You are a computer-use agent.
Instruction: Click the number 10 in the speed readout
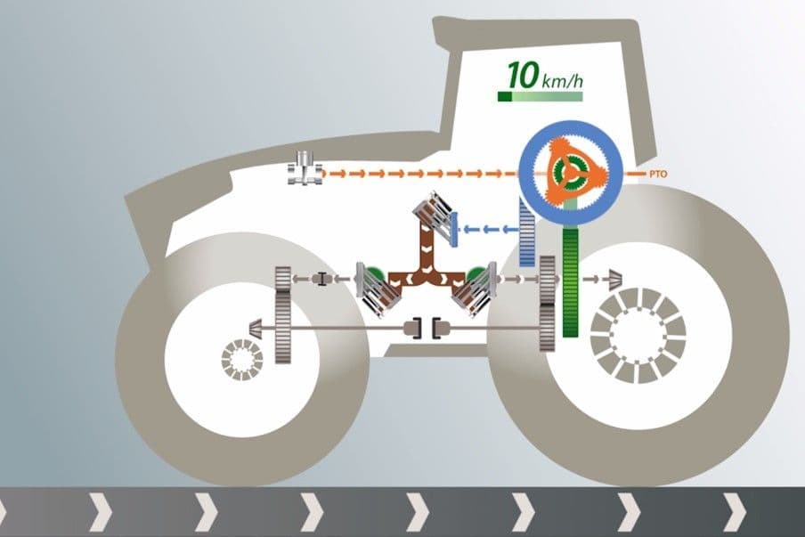point(523,75)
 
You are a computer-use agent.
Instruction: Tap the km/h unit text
point(562,80)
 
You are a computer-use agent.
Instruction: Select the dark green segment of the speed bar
point(504,96)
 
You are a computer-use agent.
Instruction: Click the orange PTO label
point(658,174)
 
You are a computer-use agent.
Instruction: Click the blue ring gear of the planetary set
point(571,129)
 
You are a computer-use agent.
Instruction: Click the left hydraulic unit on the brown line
point(378,289)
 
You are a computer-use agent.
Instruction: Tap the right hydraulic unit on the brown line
point(475,289)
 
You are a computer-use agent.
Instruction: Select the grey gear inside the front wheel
point(283,314)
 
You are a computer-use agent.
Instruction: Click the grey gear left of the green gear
point(548,303)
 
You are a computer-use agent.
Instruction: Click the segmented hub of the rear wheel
point(638,336)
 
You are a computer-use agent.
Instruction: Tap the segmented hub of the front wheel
point(242,360)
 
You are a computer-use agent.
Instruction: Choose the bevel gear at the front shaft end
point(256,328)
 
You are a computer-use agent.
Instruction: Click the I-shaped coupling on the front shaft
point(321,279)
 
